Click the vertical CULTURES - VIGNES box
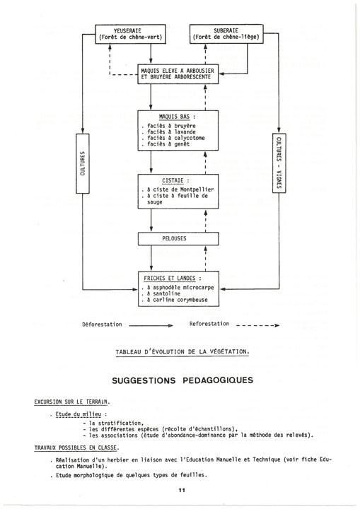point(279,163)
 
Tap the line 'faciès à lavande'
point(168,131)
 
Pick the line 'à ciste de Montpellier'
point(178,189)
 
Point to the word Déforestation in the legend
point(102,324)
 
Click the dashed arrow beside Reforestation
point(257,325)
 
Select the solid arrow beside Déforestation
point(151,325)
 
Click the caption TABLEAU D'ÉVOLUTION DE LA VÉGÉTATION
point(182,352)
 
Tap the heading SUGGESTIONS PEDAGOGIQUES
point(182,380)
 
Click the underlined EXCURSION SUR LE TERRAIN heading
point(72,402)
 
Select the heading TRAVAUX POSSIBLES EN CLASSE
point(76,448)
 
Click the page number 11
point(182,490)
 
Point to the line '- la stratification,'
point(112,423)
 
